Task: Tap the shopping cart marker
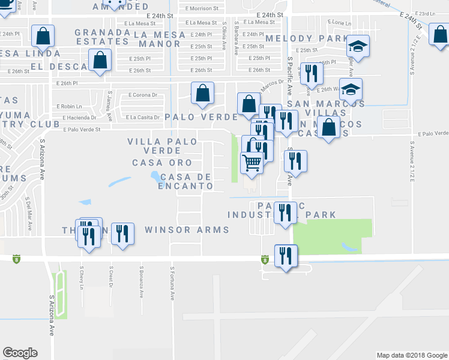pos(252,161)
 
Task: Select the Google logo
pos(20,353)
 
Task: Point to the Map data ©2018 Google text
pos(411,355)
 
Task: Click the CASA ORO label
pos(162,163)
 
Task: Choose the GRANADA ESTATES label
pos(102,37)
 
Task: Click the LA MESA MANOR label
pos(160,39)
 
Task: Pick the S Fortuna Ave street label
pos(172,283)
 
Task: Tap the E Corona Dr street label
pos(143,95)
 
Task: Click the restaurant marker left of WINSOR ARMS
pos(123,234)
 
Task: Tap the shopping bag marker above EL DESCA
pos(100,61)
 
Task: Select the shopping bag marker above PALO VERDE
pos(203,93)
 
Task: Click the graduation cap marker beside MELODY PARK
pos(358,46)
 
